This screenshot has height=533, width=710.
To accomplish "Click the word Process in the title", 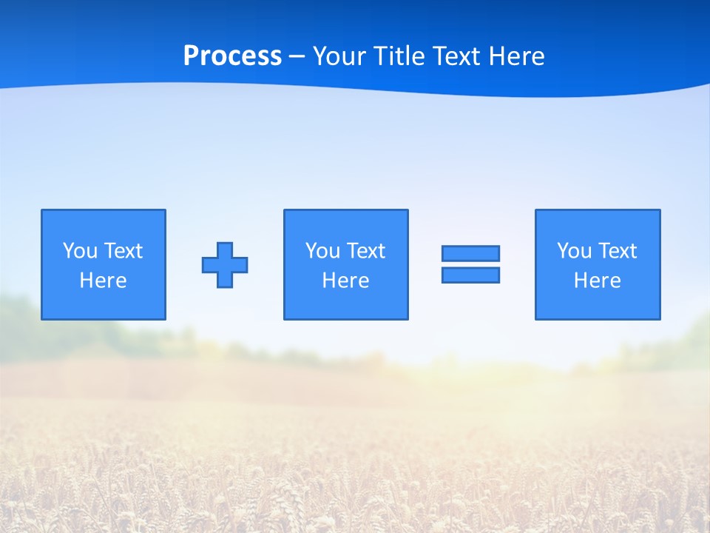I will (x=232, y=56).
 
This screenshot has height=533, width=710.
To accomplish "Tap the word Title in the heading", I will (x=399, y=56).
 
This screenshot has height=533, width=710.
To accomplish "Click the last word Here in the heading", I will (x=517, y=56).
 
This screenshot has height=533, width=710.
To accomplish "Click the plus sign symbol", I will (x=225, y=265).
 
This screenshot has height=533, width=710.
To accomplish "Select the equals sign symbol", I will (x=470, y=264).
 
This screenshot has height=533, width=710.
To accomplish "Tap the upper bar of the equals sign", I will (x=470, y=254).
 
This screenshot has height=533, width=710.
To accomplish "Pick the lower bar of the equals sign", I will (x=470, y=275).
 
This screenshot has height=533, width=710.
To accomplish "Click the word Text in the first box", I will (x=123, y=251).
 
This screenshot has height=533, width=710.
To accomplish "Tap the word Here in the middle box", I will (x=346, y=281).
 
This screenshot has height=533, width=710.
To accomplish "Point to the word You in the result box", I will (x=574, y=251).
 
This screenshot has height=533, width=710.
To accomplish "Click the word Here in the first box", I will (x=104, y=281).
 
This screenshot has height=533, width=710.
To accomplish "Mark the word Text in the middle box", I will (x=365, y=251).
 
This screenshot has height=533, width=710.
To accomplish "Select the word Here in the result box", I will (x=598, y=281).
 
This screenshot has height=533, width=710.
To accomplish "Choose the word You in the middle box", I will (x=322, y=251).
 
